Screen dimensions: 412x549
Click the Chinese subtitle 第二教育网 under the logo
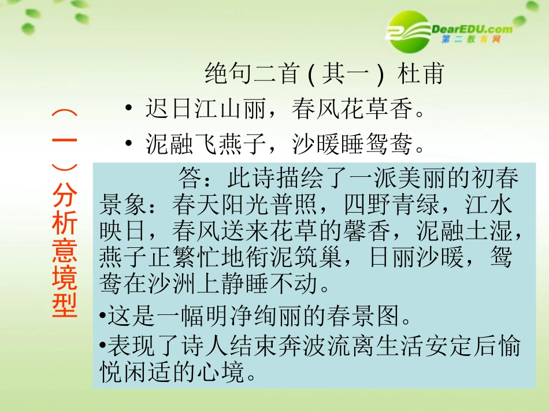[470, 40]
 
